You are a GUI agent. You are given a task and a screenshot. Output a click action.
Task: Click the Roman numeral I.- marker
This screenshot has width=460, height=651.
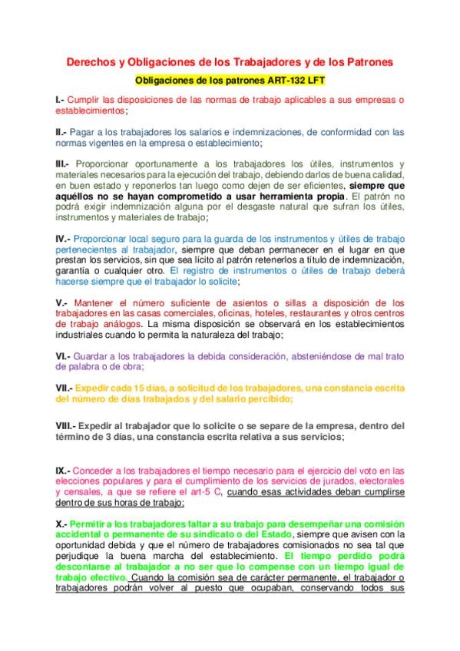click(x=60, y=100)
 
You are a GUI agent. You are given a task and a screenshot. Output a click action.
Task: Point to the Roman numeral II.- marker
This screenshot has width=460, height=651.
click(x=61, y=132)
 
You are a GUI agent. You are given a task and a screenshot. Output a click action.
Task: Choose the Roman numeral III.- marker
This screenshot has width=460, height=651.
click(x=63, y=164)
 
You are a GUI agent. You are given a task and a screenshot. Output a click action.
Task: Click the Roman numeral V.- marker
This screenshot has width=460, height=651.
click(x=61, y=302)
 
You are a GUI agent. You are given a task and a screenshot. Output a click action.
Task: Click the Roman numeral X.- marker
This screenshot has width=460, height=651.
click(x=61, y=523)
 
